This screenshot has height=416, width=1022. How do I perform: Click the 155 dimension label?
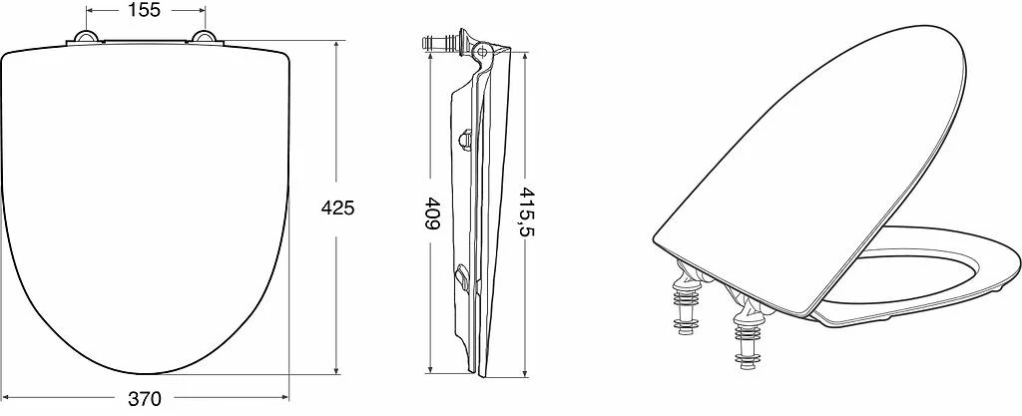(144, 10)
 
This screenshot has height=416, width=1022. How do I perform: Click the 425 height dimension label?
(337, 208)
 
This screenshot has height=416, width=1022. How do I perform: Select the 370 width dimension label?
(144, 398)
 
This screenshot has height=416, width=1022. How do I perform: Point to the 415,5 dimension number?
(525, 212)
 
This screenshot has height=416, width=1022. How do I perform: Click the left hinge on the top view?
(85, 37)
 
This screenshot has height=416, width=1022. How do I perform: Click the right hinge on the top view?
(205, 37)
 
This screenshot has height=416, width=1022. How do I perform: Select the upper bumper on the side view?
(465, 139)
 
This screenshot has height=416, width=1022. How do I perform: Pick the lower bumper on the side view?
(463, 277)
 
